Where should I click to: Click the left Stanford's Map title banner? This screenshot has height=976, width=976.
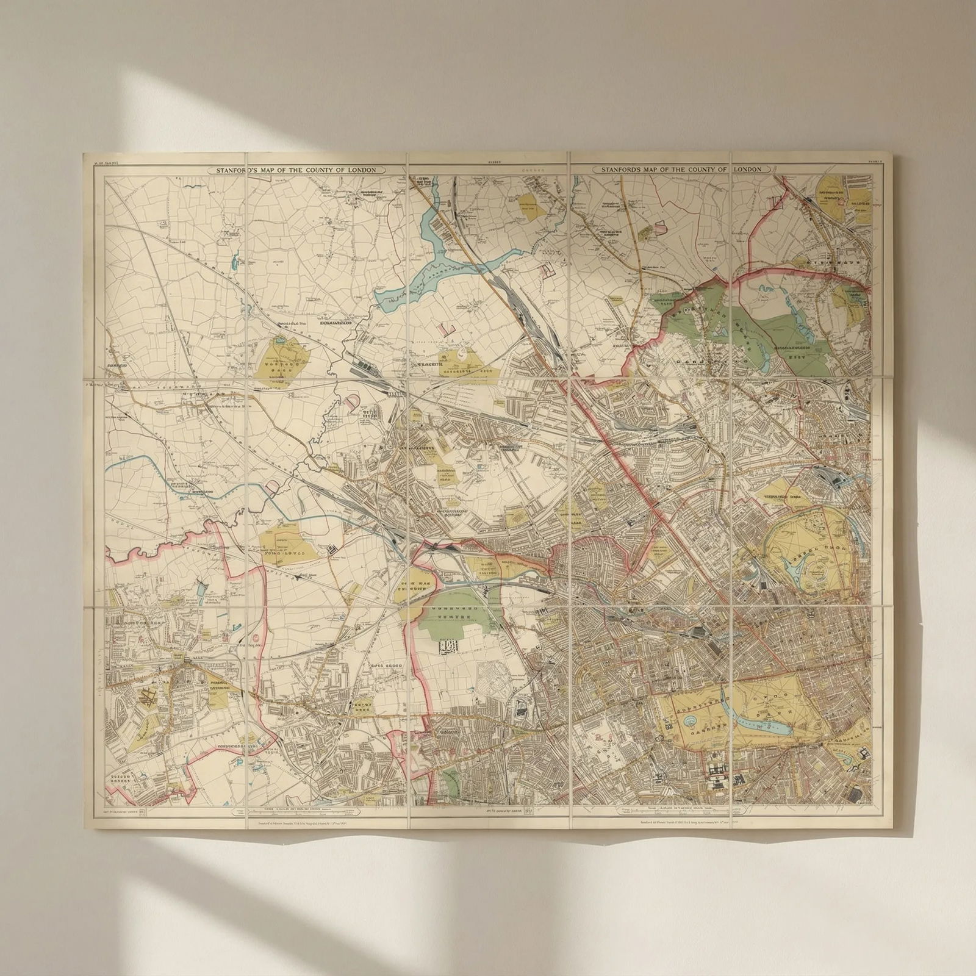[x=293, y=170]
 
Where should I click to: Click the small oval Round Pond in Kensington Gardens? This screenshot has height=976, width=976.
[x=691, y=720]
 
